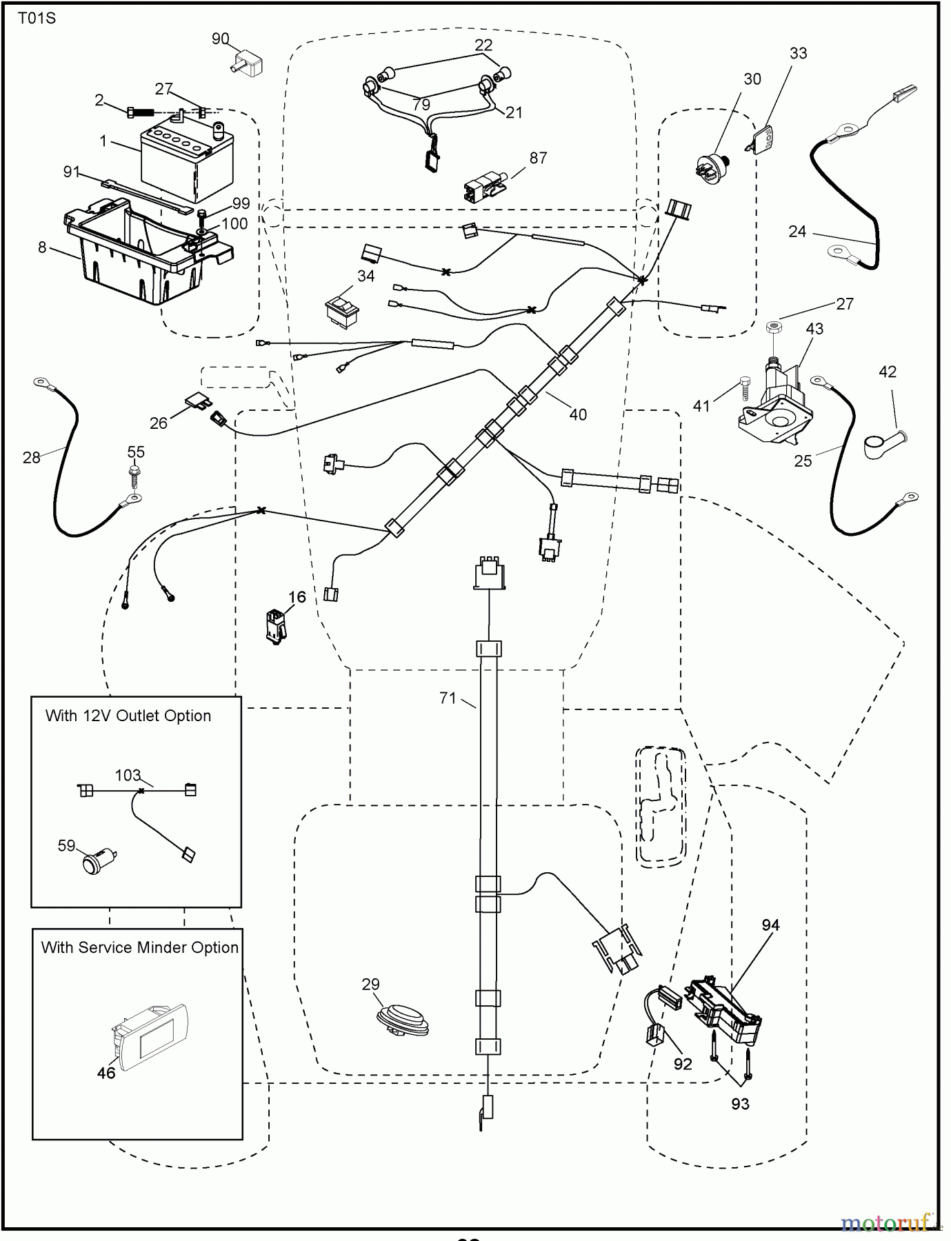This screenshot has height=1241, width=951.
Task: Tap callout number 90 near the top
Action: pyautogui.click(x=220, y=39)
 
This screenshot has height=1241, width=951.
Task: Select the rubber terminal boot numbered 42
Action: pyautogui.click(x=885, y=442)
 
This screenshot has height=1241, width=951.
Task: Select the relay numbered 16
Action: pyautogui.click(x=277, y=625)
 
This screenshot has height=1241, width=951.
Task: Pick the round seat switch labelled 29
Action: pyautogui.click(x=402, y=1019)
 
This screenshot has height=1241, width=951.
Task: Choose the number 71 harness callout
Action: pyautogui.click(x=448, y=698)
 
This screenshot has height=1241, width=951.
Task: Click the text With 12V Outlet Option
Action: pyautogui.click(x=128, y=716)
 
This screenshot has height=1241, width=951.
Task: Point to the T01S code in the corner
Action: pyautogui.click(x=37, y=19)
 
